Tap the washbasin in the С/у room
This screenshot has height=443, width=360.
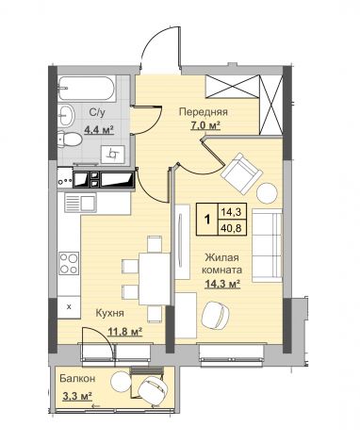click(x=66, y=115)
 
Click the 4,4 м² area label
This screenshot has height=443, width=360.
click(x=98, y=129)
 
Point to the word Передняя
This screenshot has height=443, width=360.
click(x=203, y=112)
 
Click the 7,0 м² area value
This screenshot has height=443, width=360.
click(x=205, y=125)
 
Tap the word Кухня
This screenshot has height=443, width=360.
click(x=109, y=313)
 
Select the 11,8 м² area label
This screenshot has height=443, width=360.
click(x=125, y=331)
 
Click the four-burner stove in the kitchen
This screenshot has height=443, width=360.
click(x=69, y=264)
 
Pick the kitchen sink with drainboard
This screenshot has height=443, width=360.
click(x=80, y=203)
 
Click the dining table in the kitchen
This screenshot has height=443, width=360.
click(x=155, y=279)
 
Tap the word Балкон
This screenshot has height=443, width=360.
click(x=77, y=379)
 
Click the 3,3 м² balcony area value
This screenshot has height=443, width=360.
click(x=77, y=396)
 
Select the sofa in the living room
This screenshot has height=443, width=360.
click(x=268, y=245)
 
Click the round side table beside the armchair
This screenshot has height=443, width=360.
click(x=267, y=192)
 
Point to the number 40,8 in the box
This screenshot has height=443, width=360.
click(x=231, y=228)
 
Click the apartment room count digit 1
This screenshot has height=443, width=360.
click(x=206, y=220)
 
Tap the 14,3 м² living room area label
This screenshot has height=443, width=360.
click(x=222, y=285)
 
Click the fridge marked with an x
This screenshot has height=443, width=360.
click(x=69, y=307)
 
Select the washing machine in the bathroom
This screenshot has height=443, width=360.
click(x=113, y=155)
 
